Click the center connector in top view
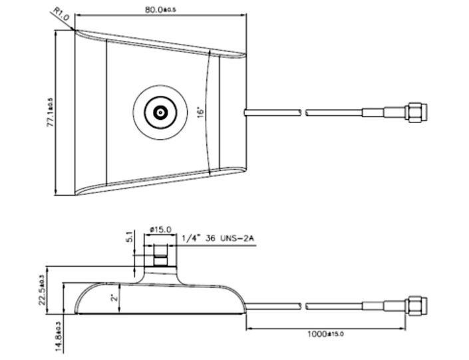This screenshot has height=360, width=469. [160, 112]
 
